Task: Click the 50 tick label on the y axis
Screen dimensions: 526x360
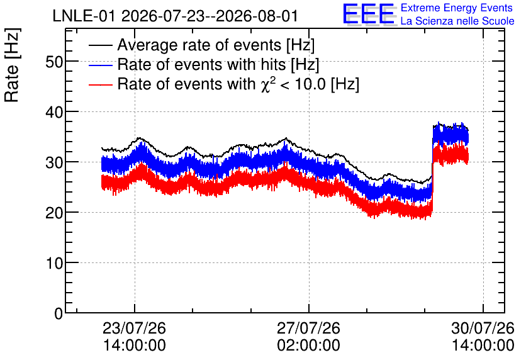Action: tap(54, 62)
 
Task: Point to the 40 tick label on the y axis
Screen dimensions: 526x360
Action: tap(54, 112)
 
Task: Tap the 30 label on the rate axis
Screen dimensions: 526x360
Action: tap(54, 162)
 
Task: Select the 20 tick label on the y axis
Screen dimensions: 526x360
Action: tap(54, 213)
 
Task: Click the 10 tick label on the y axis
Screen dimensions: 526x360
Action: tap(55, 263)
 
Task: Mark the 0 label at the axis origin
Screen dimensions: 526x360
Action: tap(59, 313)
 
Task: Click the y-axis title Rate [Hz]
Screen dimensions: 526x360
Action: tap(12, 65)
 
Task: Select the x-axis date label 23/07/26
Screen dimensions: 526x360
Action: tap(134, 328)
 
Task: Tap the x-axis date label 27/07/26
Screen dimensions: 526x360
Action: tap(309, 328)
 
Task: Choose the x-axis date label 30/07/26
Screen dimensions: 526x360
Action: tap(483, 328)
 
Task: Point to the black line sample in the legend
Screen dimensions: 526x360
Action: tap(100, 45)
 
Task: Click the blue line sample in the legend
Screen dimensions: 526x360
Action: tap(100, 65)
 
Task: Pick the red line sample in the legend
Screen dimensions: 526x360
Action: tap(100, 84)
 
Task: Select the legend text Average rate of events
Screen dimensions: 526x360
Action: tap(199, 45)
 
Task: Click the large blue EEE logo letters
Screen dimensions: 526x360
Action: tap(369, 14)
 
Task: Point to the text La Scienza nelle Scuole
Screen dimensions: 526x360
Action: tap(457, 21)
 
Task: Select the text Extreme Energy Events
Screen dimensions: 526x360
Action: tap(457, 8)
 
